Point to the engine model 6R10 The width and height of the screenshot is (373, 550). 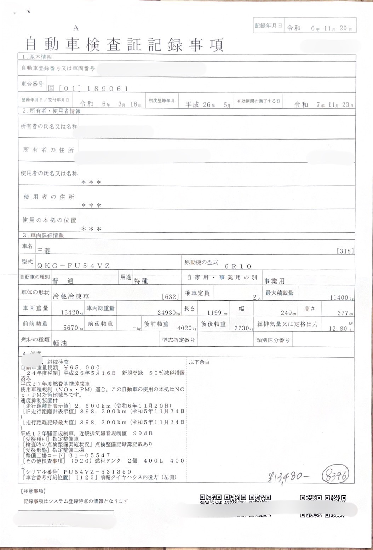point(238,266)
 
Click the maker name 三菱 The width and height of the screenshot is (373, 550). point(44,250)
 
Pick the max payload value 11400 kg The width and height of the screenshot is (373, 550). point(339,297)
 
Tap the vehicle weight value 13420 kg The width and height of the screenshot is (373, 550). point(70,313)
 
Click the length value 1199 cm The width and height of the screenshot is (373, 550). point(214,313)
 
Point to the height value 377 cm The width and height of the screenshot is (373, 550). point(343,313)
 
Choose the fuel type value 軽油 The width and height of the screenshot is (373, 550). point(60,343)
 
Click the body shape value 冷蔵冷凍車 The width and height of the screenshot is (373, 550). point(71,296)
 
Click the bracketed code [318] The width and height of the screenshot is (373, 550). point(345,251)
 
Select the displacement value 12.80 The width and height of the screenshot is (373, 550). point(338,328)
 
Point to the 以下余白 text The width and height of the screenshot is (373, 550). point(199,362)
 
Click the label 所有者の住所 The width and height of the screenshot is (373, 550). point(48,150)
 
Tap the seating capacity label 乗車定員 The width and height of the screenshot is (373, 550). point(197,293)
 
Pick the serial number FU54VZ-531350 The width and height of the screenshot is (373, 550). point(97,472)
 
